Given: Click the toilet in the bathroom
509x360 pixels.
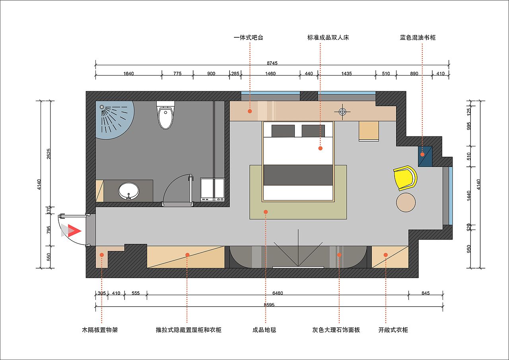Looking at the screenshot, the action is [166, 115].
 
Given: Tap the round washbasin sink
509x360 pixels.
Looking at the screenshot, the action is [128, 191].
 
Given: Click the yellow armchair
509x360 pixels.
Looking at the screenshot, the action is [406, 178].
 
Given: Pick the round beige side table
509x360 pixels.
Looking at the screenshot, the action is [406, 202].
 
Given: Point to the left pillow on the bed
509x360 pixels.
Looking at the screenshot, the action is [283, 131].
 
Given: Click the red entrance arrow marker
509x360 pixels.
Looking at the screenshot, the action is [74, 231].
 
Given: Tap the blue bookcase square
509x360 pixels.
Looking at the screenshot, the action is [425, 156].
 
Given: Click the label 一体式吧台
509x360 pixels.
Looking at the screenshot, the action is [249, 37].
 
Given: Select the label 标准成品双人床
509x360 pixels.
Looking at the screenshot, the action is [328, 37].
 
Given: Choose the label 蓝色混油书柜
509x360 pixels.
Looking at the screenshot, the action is [418, 37].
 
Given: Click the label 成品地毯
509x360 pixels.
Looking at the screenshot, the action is [264, 330].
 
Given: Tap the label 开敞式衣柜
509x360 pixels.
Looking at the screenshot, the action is [393, 330].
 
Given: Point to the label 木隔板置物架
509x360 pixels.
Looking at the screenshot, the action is [100, 330].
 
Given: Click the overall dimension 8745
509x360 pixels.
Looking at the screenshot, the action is [272, 63].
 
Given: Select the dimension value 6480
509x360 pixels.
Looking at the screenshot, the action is [278, 293].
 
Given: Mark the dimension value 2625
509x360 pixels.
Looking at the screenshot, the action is [49, 154].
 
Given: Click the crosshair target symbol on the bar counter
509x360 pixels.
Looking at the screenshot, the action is [342, 112].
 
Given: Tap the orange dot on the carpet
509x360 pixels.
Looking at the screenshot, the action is [266, 212].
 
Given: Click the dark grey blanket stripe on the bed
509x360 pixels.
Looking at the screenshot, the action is [298, 175].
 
